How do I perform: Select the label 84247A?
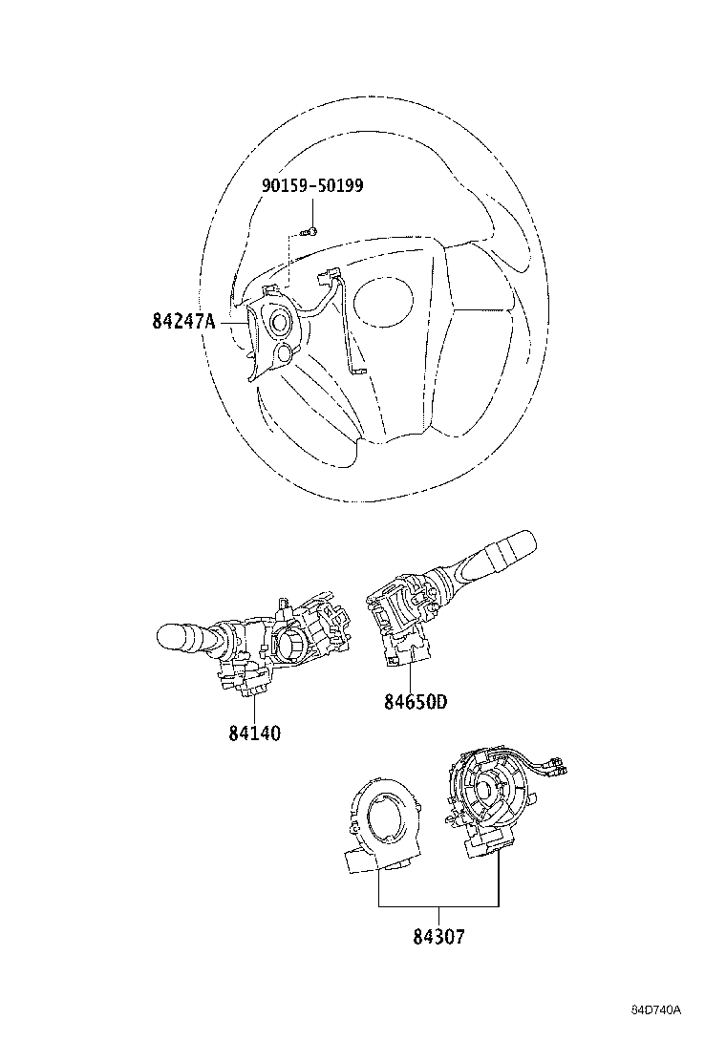click(x=182, y=322)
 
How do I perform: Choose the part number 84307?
click(x=438, y=936)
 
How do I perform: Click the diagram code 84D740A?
click(x=660, y=1010)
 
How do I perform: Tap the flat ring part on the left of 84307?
click(x=380, y=821)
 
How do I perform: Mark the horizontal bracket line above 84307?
click(x=438, y=905)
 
